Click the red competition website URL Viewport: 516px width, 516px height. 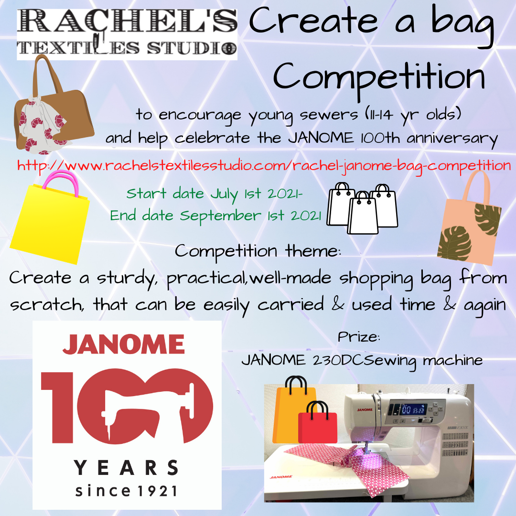coord(264,165)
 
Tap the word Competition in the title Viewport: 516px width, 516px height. coord(379,78)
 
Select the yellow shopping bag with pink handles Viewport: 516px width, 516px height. coord(50,217)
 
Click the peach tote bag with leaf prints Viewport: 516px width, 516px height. coord(469,218)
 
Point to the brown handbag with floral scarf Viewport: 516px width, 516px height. coord(53,105)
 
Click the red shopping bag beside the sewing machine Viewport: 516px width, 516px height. coord(318,422)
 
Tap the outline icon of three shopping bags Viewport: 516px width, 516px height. coord(362,208)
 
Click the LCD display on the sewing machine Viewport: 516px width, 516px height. coord(413,409)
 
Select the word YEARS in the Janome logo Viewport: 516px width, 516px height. coord(126,467)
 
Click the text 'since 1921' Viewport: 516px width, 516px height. coord(126,491)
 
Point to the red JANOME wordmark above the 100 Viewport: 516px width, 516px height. coord(124,344)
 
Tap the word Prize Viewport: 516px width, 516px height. coord(359,337)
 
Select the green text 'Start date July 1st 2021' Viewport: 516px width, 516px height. coord(214,194)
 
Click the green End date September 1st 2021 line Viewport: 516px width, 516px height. coord(215,216)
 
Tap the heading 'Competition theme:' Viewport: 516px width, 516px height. coord(258,252)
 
